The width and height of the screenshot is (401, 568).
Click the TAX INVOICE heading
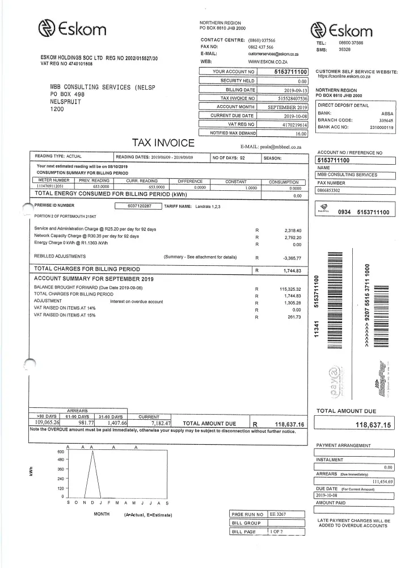[163, 143]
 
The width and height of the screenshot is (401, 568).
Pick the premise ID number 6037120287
[140, 206]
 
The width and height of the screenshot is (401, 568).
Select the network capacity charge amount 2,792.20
[292, 236]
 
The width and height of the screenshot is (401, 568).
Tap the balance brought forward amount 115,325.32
[290, 289]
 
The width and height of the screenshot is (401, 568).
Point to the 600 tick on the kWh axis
[61, 452]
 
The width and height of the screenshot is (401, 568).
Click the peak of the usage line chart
[92, 452]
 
